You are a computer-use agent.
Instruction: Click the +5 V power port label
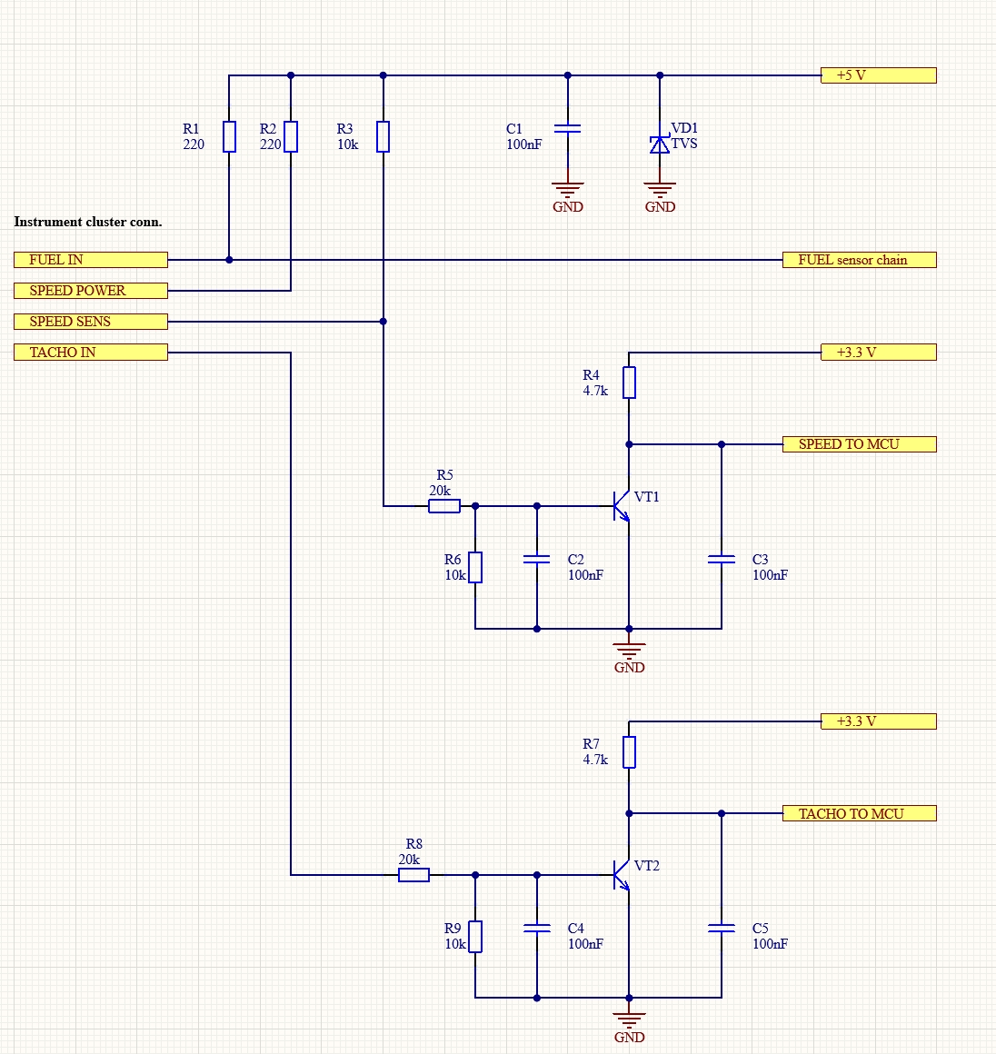[878, 75]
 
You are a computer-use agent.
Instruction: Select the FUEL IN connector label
[91, 260]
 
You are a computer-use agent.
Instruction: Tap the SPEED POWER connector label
[91, 291]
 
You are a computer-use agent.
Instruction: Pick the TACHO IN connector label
[91, 353]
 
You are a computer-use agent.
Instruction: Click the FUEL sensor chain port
[859, 260]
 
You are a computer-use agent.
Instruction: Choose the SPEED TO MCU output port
[859, 444]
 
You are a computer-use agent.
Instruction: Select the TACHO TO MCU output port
[859, 814]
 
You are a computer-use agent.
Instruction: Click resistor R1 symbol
[229, 136]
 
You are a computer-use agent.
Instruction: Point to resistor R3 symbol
[383, 136]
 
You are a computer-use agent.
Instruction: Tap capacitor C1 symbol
[568, 129]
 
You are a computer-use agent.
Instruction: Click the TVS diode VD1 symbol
[660, 144]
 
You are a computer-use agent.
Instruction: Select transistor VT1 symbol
[622, 506]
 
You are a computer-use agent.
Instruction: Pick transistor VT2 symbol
[622, 875]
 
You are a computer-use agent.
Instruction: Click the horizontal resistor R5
[443, 506]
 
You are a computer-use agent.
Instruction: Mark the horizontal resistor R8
[413, 875]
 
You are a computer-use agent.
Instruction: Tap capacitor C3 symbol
[722, 561]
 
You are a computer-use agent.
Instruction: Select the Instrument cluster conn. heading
[88, 222]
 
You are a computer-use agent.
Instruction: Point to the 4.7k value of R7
[595, 760]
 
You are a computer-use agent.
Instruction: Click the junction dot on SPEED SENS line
[383, 322]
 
